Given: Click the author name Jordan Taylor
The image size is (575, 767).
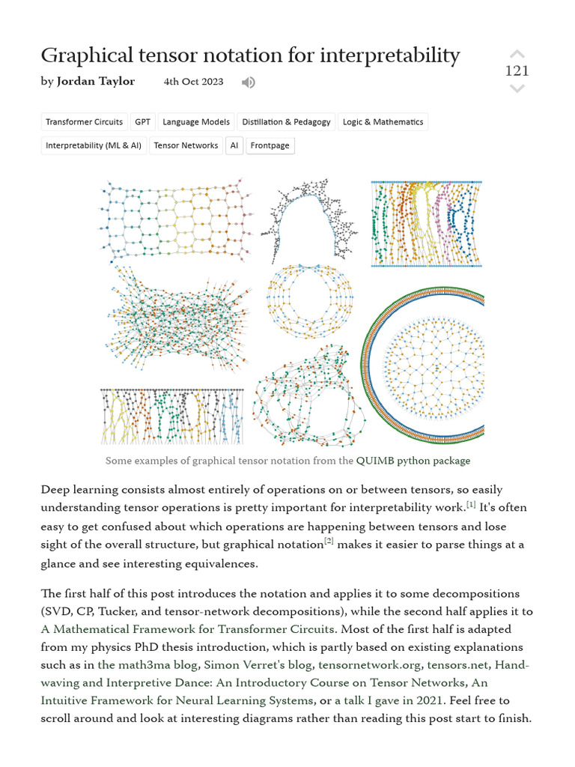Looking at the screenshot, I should [96, 82].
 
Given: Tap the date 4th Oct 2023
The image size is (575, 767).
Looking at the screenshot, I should [193, 82].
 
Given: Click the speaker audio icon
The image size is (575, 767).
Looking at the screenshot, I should [249, 82].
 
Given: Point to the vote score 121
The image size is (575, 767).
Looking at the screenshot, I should [517, 71].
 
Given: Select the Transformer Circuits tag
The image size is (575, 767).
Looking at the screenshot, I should [84, 122].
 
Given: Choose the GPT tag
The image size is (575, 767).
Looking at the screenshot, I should [142, 122].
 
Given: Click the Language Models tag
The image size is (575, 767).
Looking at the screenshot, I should [196, 122].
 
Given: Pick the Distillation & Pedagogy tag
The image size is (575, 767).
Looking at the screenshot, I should [286, 122].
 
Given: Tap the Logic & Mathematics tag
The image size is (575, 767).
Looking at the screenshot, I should [383, 122].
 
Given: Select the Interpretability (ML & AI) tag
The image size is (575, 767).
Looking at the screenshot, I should [94, 145].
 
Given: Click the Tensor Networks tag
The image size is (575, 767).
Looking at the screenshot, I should [186, 145].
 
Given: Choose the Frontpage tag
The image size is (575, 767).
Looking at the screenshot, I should [270, 145].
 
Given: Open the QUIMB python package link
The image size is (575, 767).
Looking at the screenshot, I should [413, 461].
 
